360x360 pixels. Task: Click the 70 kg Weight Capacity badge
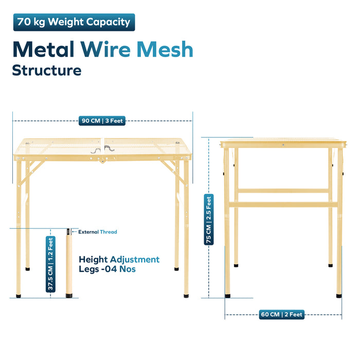click(x=74, y=22)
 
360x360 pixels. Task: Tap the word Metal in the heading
click(x=43, y=49)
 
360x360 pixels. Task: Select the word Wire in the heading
click(x=105, y=49)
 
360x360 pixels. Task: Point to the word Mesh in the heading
click(x=165, y=49)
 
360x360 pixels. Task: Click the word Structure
click(x=47, y=70)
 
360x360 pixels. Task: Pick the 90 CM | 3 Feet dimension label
click(x=102, y=121)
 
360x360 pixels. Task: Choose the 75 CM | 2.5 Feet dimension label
click(x=209, y=220)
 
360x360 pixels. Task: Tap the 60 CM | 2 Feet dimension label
click(x=282, y=314)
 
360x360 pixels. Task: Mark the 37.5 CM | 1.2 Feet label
click(x=50, y=264)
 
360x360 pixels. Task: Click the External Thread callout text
click(x=98, y=232)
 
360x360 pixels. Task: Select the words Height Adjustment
click(x=119, y=259)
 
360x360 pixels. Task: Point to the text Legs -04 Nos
click(x=107, y=269)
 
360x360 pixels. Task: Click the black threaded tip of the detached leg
click(x=68, y=231)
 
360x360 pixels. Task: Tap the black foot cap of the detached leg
click(x=69, y=296)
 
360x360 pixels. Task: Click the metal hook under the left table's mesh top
click(x=102, y=149)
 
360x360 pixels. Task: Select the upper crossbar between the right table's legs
click(x=283, y=191)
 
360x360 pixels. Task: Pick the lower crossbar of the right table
click(x=283, y=205)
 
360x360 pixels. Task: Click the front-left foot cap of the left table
click(x=19, y=296)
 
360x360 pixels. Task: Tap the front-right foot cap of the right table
click(x=339, y=296)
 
